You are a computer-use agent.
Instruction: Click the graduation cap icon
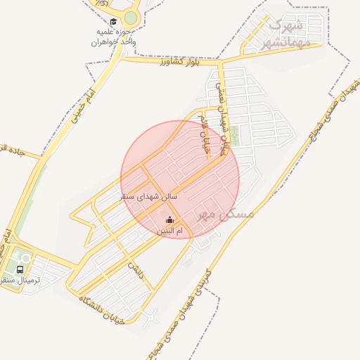114,22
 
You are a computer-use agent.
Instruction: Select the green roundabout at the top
131,18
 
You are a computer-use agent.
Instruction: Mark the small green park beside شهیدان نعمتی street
235,135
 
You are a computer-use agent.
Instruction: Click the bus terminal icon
20,269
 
